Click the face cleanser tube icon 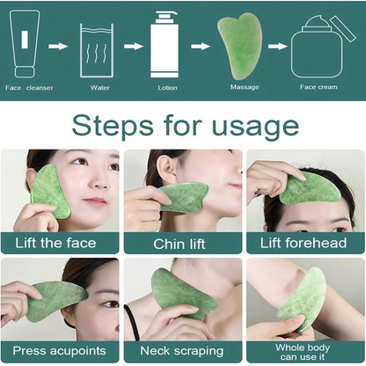click(x=24, y=44)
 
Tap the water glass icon click(x=97, y=50)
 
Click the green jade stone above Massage click(x=239, y=46)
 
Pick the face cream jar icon click(x=317, y=49)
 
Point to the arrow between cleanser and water click(x=58, y=46)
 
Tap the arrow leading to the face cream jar click(x=277, y=46)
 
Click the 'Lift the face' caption click(x=60, y=242)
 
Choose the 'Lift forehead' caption click(x=305, y=242)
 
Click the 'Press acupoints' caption click(x=60, y=351)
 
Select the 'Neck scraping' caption click(x=181, y=351)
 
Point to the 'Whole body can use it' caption click(x=305, y=351)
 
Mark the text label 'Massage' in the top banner click(x=244, y=87)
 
